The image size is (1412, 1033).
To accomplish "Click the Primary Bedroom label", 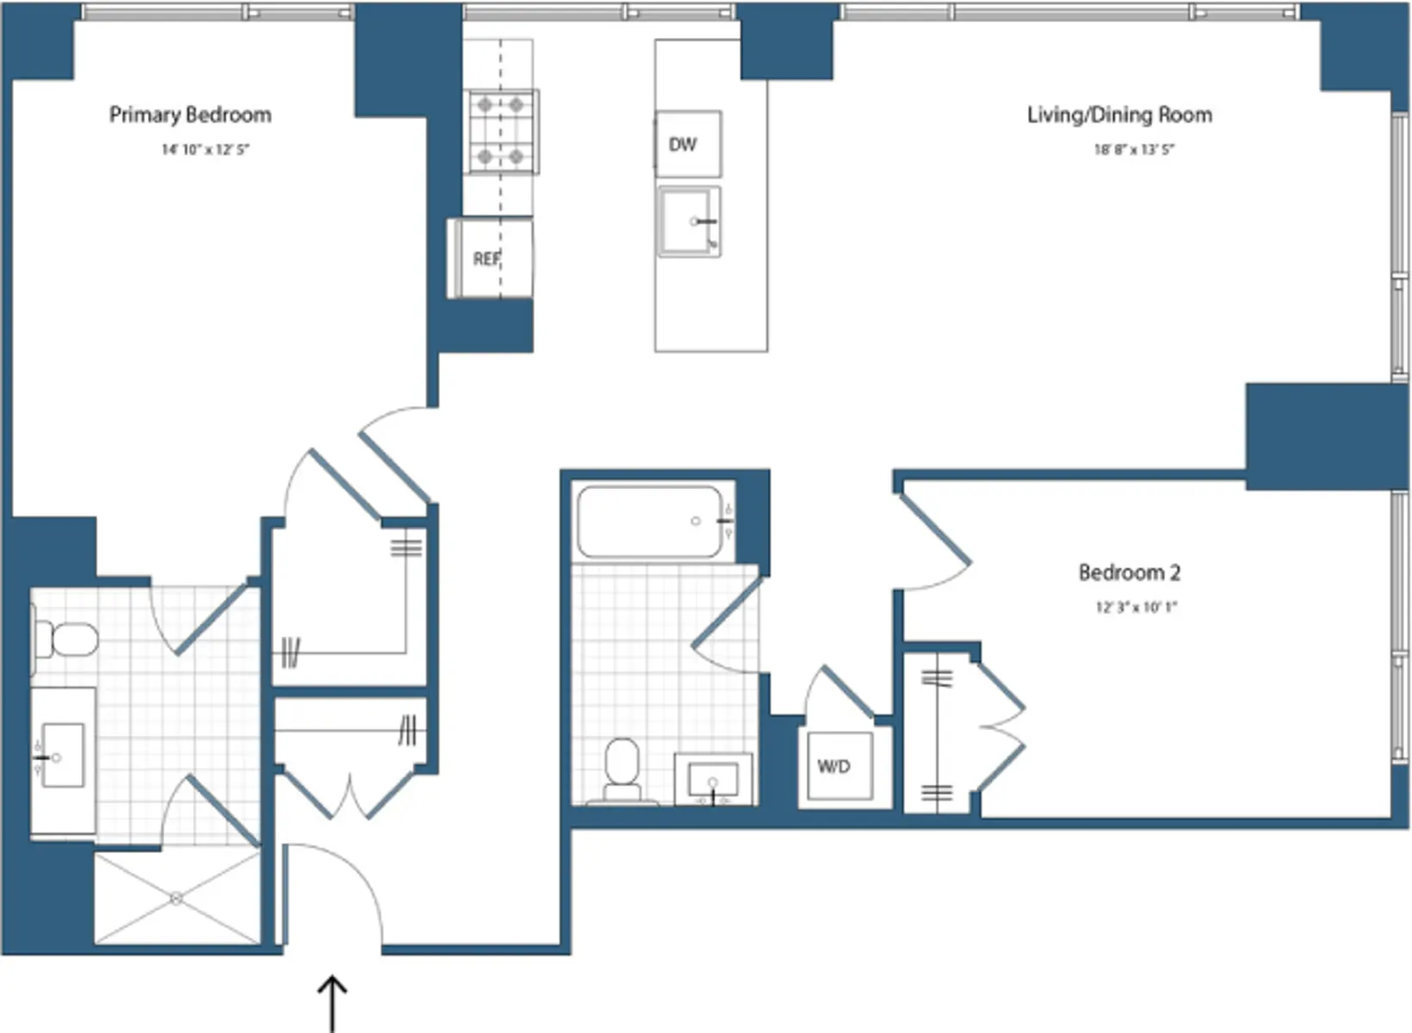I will [190, 114].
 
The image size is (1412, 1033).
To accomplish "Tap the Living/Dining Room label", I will [1119, 114].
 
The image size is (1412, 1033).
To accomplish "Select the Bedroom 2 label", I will [1129, 572].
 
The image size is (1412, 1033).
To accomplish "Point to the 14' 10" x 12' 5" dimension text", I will [205, 150].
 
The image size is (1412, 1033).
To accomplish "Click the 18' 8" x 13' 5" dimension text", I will [1134, 150].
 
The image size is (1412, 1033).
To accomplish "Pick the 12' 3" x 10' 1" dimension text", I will [1136, 607].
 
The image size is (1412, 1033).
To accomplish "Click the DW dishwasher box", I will [687, 144].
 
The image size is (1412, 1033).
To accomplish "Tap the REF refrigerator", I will [489, 258].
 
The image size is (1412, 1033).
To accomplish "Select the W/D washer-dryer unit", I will [834, 766].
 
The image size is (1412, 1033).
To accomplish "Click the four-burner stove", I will [501, 131].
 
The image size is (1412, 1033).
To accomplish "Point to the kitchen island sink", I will [689, 221].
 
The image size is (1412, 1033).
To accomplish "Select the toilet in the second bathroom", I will [622, 770].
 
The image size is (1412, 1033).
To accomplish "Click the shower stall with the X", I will [176, 898].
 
